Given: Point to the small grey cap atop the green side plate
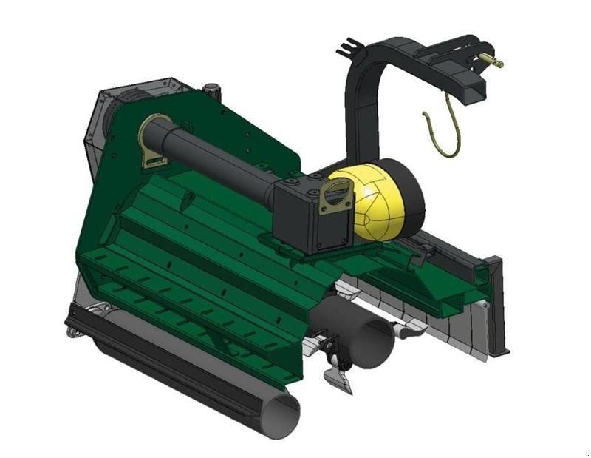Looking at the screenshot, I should [x=214, y=90].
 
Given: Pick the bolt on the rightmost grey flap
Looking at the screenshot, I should [x=484, y=306].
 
